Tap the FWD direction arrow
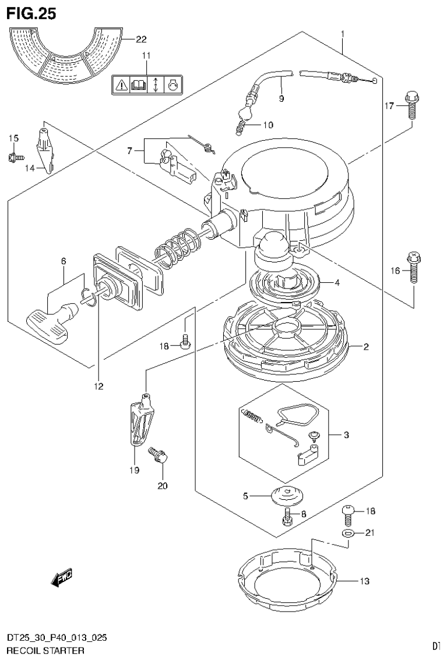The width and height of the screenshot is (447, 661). (61, 577)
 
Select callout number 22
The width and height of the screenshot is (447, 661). (140, 40)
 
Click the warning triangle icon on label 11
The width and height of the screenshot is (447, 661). (121, 85)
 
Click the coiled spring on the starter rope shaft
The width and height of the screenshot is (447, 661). (177, 246)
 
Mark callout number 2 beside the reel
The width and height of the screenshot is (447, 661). (365, 347)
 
